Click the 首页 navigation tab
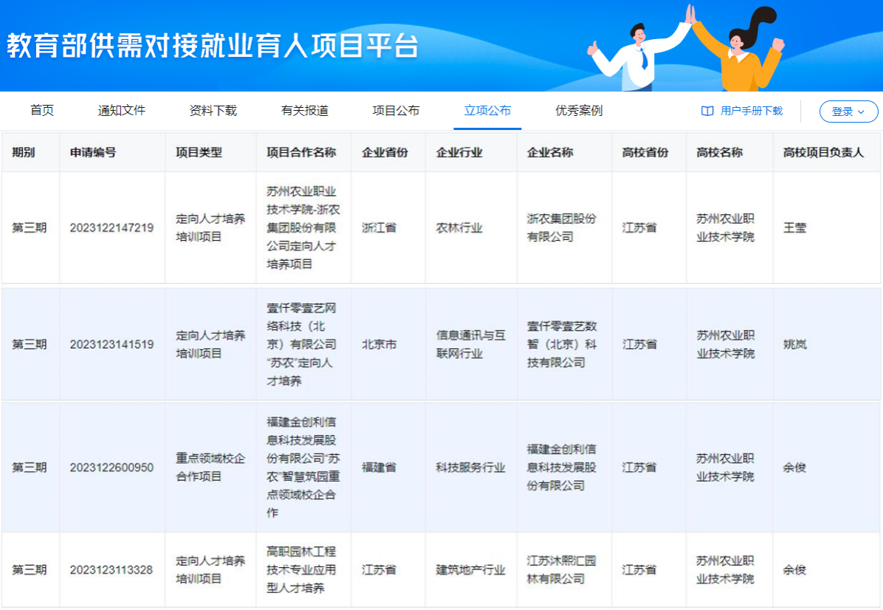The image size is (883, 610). (42, 110)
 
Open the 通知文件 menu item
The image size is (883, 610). (122, 110)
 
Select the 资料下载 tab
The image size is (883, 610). (213, 110)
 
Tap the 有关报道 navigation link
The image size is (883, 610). (305, 110)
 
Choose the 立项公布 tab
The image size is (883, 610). (488, 110)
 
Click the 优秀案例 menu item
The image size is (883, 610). (579, 110)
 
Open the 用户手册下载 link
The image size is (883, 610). (742, 111)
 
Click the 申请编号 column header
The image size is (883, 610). (93, 152)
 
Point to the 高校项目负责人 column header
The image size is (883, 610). (823, 152)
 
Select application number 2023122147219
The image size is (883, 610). (111, 227)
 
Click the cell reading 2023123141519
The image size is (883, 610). (111, 344)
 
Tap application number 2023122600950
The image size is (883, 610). (111, 467)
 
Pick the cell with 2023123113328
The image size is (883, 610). (111, 570)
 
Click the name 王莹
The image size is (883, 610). (794, 227)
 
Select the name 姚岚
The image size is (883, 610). (794, 344)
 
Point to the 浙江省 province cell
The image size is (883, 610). (379, 227)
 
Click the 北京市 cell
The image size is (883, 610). (379, 344)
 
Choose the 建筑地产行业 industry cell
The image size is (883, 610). (471, 570)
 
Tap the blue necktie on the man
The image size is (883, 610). (644, 58)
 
